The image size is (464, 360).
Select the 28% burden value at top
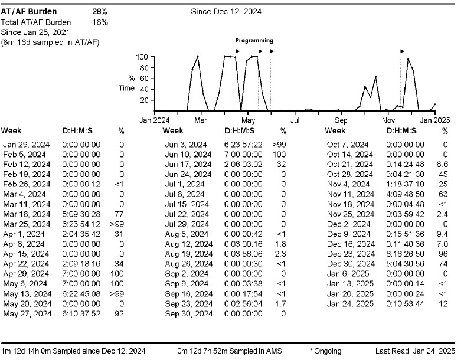[99, 11]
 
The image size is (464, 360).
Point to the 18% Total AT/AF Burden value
[100, 22]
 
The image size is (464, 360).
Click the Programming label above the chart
[254, 41]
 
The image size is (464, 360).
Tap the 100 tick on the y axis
[142, 57]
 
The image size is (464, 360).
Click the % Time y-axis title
[127, 83]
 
